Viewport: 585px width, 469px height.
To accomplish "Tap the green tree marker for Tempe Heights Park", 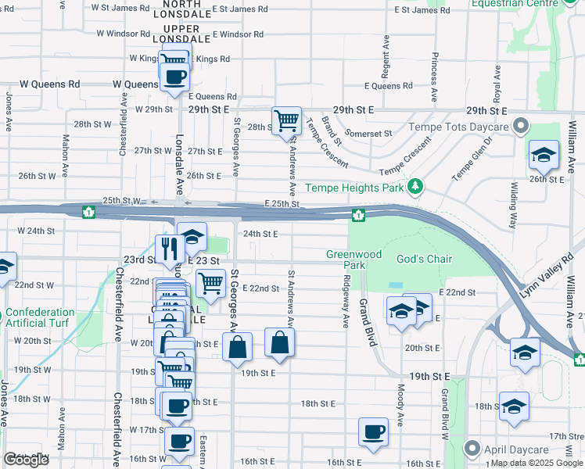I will pyautogui.click(x=416, y=187).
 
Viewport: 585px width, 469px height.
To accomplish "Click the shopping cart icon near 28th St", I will pyautogui.click(x=287, y=121).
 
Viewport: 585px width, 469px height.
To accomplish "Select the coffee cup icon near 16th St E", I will pyautogui.click(x=373, y=431).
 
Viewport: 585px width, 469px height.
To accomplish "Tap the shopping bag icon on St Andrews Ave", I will pyautogui.click(x=279, y=342).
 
